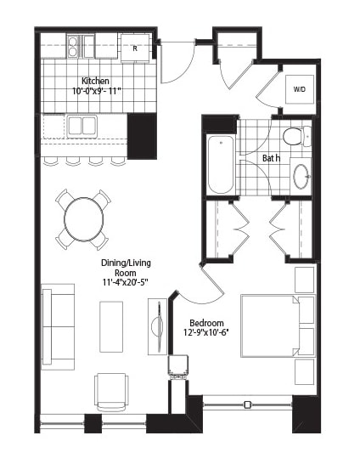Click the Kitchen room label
95,81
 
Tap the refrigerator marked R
135,48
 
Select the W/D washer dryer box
299,89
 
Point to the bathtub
221,165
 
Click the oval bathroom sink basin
301,177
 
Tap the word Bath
271,158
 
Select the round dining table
84,218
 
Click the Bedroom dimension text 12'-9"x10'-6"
206,332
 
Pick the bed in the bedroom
278,325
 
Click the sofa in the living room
58,326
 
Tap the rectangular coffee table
111,326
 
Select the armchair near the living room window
112,392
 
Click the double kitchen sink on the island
82,127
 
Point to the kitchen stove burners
73,47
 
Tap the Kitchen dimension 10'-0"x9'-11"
97,91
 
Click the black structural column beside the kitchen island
142,136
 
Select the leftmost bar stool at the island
50,161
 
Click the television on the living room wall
158,326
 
